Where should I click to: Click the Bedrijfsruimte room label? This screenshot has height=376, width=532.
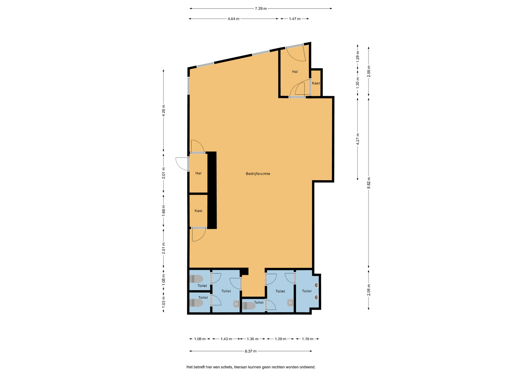[x=258, y=174]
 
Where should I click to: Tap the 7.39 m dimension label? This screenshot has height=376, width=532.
[x=261, y=9]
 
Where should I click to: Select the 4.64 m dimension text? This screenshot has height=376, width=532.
[x=233, y=19]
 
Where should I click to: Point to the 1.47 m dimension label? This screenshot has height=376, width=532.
[x=295, y=19]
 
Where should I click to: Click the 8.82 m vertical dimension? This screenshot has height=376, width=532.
[x=369, y=183]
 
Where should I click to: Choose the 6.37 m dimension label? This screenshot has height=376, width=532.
[x=250, y=351]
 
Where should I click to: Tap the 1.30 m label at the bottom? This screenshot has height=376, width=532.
[x=252, y=339]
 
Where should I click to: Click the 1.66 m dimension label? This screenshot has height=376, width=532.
[x=164, y=210]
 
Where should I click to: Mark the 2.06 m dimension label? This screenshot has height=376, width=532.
[x=369, y=290]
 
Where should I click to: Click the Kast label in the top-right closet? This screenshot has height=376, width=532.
[x=316, y=83]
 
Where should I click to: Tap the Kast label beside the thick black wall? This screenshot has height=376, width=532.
[x=198, y=211]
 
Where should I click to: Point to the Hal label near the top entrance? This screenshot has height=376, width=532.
[x=295, y=72]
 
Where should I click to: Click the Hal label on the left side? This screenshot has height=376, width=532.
[x=198, y=173]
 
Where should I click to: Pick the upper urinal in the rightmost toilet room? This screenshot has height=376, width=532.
[x=316, y=285]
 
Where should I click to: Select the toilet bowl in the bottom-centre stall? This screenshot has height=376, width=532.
[x=249, y=306]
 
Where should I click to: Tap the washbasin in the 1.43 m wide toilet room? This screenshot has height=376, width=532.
[x=236, y=304]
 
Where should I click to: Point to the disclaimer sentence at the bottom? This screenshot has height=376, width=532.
[x=251, y=367]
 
